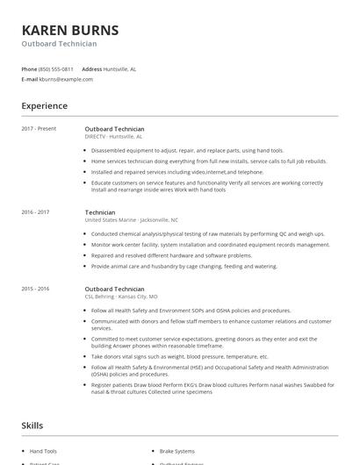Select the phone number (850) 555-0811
pyautogui.click(x=56, y=68)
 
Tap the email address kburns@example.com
pyautogui.click(x=66, y=79)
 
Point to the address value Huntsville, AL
pyautogui.click(x=119, y=68)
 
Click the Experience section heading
pyautogui.click(x=44, y=106)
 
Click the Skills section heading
pyautogui.click(x=32, y=426)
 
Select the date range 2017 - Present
pyautogui.click(x=39, y=129)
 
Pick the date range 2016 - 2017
pyautogui.click(x=36, y=212)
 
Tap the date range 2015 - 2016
pyautogui.click(x=36, y=289)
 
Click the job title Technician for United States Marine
pyautogui.click(x=100, y=212)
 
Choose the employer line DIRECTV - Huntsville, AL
pyautogui.click(x=113, y=137)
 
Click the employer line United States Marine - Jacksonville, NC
pyautogui.click(x=131, y=220)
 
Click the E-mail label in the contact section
pyautogui.click(x=29, y=79)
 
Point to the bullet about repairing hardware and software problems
pyautogui.click(x=184, y=255)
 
